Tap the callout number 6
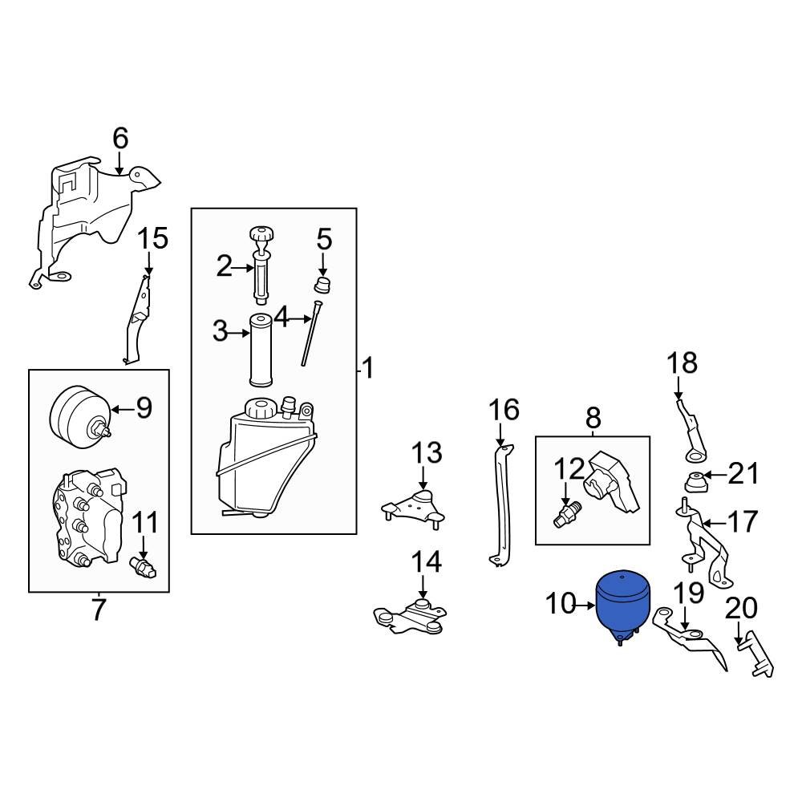click(x=119, y=139)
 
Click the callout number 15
click(x=153, y=238)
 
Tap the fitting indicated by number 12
click(x=565, y=514)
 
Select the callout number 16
click(x=504, y=410)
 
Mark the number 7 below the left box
click(x=98, y=610)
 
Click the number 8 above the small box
click(x=593, y=417)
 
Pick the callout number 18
click(x=683, y=363)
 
